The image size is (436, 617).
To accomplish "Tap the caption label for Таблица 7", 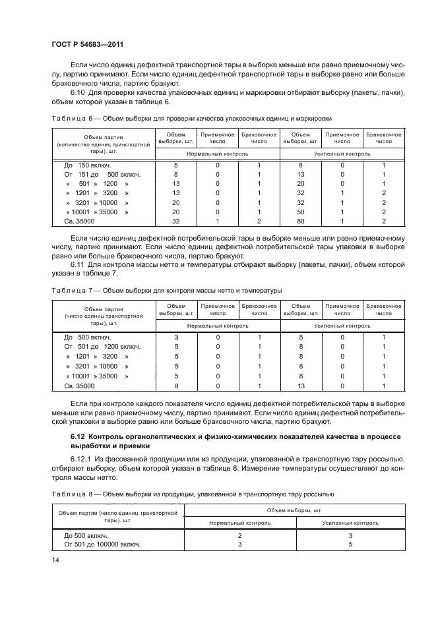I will [73, 289].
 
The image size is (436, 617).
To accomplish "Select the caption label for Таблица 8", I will [73, 493].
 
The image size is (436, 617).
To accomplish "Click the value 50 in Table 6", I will [300, 213].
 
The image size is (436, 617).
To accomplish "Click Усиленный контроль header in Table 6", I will [342, 152].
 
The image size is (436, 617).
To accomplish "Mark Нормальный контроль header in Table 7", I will [218, 325].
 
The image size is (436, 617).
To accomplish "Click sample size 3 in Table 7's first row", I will [176, 337].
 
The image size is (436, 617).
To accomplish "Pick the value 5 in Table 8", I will [350, 544].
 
